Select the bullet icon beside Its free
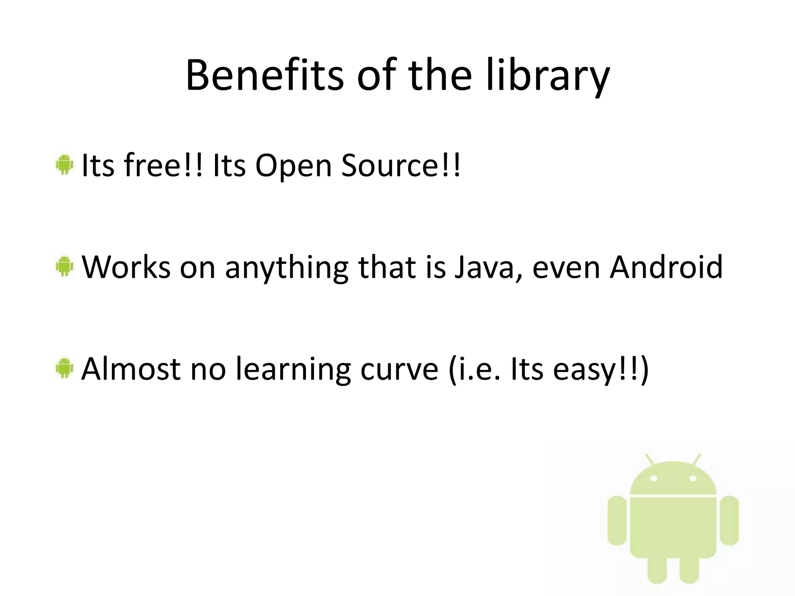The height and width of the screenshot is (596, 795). click(x=64, y=165)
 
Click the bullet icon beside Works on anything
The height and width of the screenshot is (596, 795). click(x=64, y=266)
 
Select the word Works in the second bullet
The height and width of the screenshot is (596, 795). click(x=126, y=267)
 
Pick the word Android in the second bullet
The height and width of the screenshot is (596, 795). click(x=666, y=267)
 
